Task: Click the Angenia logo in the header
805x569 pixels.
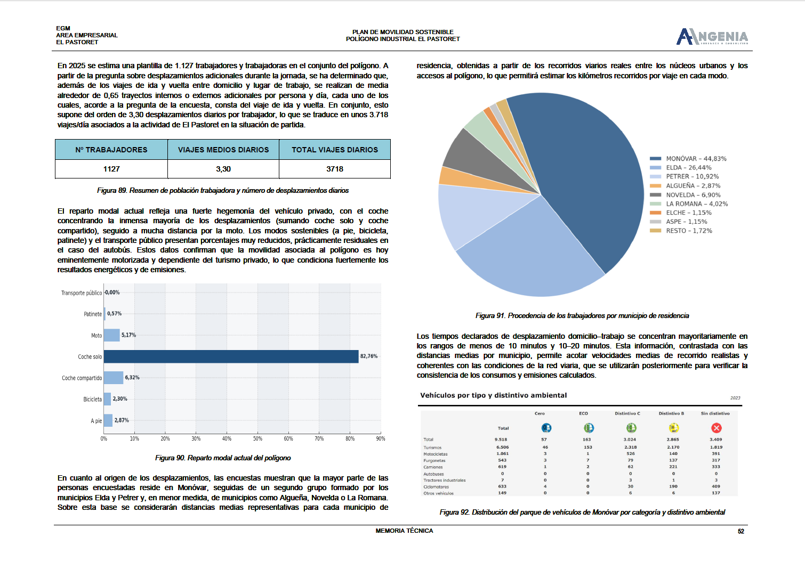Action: pyautogui.click(x=712, y=36)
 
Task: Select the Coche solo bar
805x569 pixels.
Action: pyautogui.click(x=231, y=356)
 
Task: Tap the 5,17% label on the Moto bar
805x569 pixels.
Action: pyautogui.click(x=128, y=335)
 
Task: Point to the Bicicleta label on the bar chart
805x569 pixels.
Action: pyautogui.click(x=92, y=399)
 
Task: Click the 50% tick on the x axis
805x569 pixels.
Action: pyautogui.click(x=257, y=438)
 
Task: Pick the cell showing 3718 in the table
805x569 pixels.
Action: pyautogui.click(x=335, y=169)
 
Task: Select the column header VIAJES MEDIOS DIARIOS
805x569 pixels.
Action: pyautogui.click(x=223, y=150)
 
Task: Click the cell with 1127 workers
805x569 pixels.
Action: pyautogui.click(x=111, y=169)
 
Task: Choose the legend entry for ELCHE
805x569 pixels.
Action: pyautogui.click(x=688, y=213)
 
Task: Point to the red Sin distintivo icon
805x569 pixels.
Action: pyautogui.click(x=716, y=428)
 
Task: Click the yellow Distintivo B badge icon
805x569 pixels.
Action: pyautogui.click(x=673, y=428)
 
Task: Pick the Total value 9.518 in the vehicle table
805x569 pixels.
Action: pyautogui.click(x=501, y=440)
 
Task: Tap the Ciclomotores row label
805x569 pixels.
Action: pyautogui.click(x=436, y=486)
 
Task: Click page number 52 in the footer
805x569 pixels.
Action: pyautogui.click(x=740, y=531)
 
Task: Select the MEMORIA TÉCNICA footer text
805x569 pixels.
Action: pyautogui.click(x=404, y=531)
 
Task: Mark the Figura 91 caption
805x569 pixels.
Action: pyautogui.click(x=582, y=316)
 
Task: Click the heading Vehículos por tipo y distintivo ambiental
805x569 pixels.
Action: pyautogui.click(x=493, y=395)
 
